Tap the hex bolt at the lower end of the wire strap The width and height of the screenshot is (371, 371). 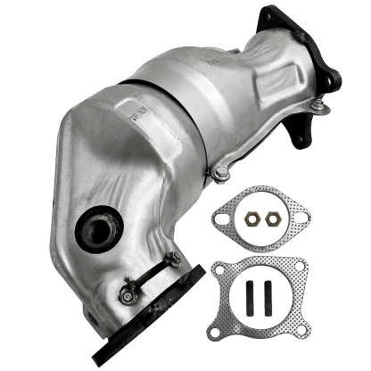tap(128, 289)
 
